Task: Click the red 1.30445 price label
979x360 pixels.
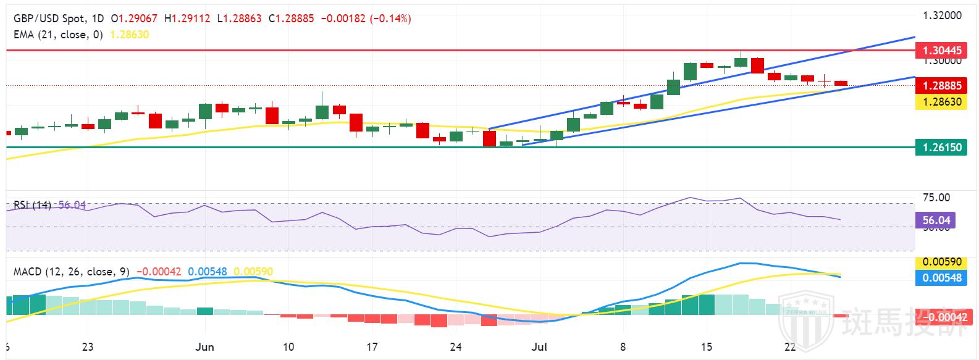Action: click(x=941, y=51)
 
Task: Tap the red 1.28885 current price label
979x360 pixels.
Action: click(x=941, y=86)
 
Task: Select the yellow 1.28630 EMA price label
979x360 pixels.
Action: click(x=941, y=101)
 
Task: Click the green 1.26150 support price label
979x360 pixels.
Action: click(x=941, y=148)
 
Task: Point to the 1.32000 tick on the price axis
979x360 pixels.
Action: click(x=942, y=15)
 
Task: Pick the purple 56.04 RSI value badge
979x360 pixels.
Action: click(x=936, y=220)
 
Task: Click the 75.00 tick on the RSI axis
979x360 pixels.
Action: click(x=936, y=198)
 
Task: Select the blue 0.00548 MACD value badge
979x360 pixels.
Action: click(x=941, y=278)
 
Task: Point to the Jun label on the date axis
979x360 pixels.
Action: click(x=204, y=346)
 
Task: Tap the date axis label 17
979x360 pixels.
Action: click(x=371, y=346)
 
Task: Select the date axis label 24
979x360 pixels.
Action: click(x=455, y=346)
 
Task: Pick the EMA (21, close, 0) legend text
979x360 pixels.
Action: click(x=59, y=35)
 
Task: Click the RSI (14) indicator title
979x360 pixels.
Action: click(x=33, y=205)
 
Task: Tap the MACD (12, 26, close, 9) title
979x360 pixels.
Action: click(x=71, y=272)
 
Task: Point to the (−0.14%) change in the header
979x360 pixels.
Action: click(x=390, y=19)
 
